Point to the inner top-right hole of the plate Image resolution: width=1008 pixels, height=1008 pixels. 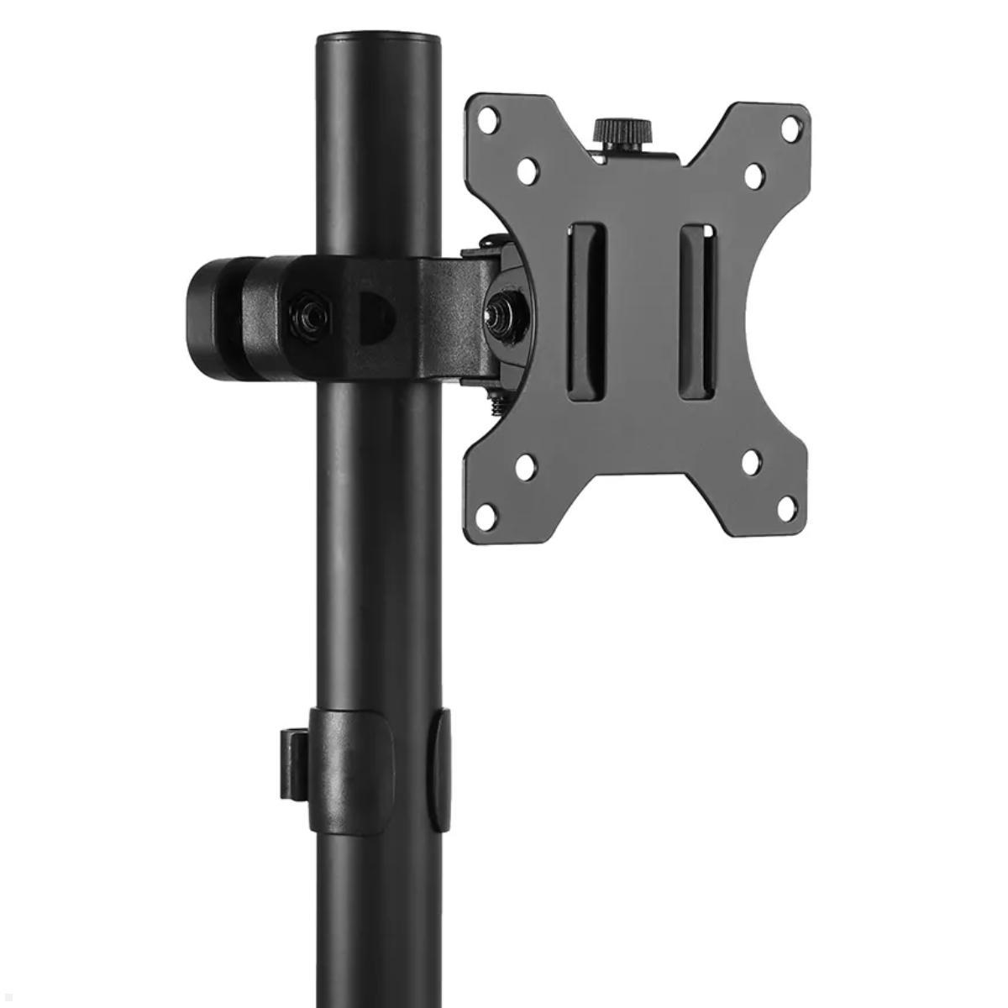753,175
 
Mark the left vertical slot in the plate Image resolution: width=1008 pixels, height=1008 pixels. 585,311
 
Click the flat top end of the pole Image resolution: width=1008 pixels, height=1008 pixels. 379,39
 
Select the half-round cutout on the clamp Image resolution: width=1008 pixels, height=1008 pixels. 377,316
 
